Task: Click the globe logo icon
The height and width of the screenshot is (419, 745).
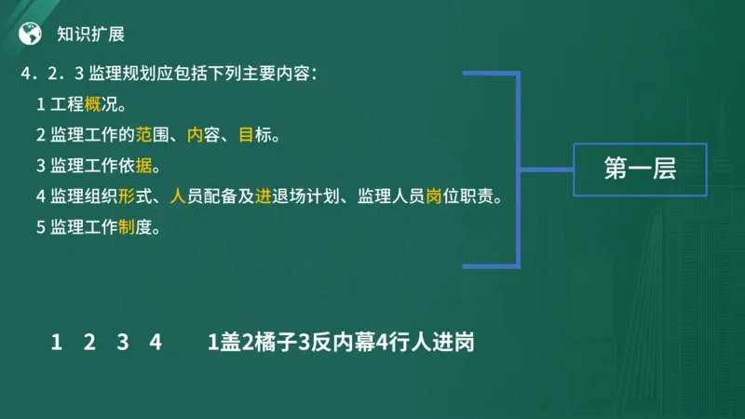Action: (31, 34)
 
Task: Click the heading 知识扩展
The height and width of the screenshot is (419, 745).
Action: (90, 34)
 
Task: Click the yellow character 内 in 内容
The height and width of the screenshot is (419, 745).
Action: (195, 135)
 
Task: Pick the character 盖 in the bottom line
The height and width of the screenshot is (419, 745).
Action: (229, 343)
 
